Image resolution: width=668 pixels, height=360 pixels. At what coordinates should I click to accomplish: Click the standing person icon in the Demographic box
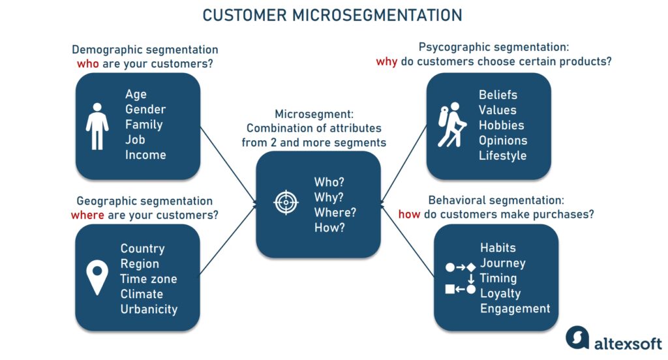point(97,125)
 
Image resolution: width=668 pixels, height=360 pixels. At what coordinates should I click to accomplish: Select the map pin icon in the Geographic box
point(98,277)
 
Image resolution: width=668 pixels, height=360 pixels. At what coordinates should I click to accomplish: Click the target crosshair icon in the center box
point(286,202)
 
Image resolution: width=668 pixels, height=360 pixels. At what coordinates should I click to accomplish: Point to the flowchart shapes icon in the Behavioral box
point(460,278)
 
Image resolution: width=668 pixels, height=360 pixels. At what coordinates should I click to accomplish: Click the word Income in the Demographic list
point(145,155)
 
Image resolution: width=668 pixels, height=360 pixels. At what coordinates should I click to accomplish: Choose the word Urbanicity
point(149,309)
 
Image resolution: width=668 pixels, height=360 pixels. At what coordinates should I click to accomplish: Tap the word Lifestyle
point(502,156)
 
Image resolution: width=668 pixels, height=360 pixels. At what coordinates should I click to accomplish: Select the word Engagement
point(515,309)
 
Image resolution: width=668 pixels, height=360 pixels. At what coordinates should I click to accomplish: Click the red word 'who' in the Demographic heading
point(88,64)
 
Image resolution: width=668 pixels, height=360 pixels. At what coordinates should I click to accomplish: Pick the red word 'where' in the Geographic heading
point(87,215)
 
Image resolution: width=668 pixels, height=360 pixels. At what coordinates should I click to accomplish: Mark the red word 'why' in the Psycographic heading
point(387,62)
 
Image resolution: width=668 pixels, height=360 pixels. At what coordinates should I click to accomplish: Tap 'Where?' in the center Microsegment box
point(335,213)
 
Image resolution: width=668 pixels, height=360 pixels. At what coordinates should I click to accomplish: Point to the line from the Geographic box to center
point(228,241)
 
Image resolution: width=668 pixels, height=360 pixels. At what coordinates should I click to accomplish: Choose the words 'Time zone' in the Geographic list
point(148,279)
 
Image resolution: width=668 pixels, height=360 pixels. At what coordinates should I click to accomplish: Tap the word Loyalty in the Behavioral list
point(500,293)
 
